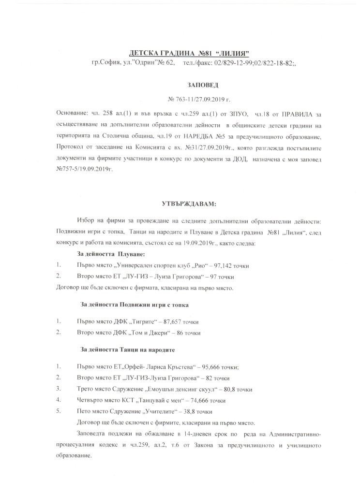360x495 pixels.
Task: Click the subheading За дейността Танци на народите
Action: (127, 349)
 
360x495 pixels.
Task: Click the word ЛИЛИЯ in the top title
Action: (236, 52)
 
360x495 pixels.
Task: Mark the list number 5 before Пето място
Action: (58, 411)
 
